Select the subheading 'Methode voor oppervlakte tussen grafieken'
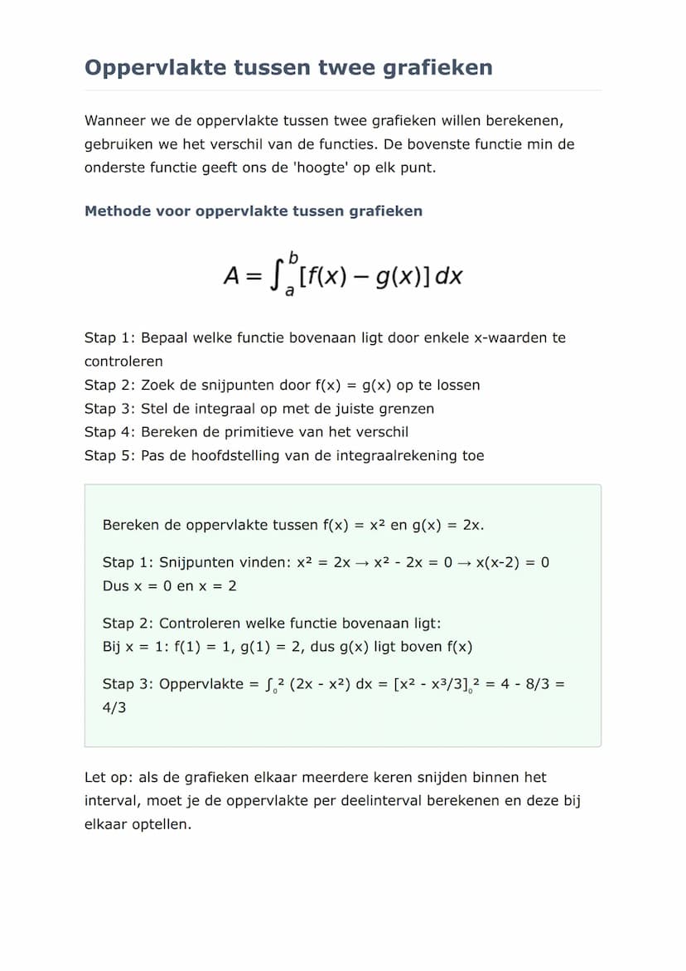tap(254, 211)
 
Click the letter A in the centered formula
tap(232, 276)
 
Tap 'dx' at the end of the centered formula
tap(448, 276)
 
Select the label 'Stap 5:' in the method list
tap(109, 455)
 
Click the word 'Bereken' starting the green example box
tap(129, 525)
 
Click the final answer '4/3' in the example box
tap(114, 709)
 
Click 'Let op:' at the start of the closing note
tap(108, 778)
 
